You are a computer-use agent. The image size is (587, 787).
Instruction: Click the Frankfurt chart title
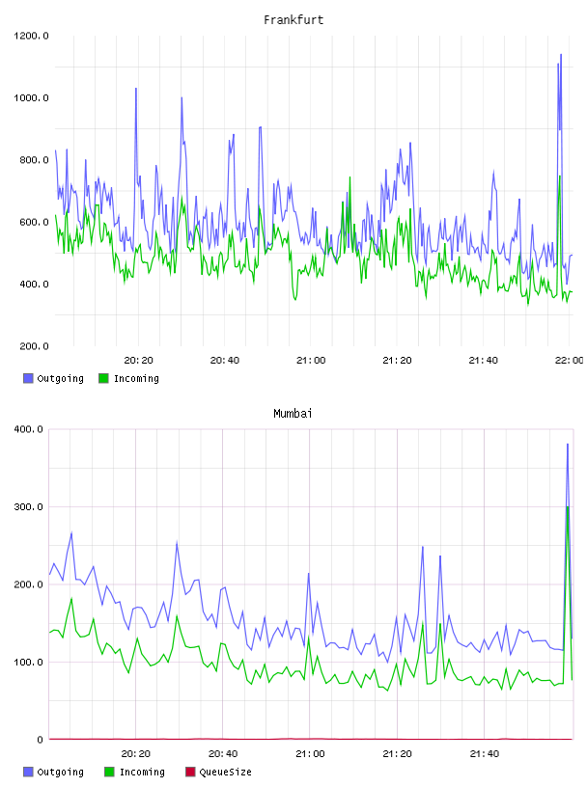point(293,20)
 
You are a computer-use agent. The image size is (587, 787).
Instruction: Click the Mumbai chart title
point(293,414)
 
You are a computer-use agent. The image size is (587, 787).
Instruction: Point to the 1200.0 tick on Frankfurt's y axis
point(31,36)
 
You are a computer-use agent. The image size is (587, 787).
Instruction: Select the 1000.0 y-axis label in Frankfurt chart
point(31,97)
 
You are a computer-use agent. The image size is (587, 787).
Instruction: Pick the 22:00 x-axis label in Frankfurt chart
point(569,361)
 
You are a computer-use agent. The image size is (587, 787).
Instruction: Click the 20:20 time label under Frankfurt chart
point(139,361)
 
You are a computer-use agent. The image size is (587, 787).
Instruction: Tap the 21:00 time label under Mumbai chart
point(310,754)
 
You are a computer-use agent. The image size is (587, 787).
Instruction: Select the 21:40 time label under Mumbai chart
point(485,754)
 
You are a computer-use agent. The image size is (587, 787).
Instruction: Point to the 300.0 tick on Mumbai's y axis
point(29,507)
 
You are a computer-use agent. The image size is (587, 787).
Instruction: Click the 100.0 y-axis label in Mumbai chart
point(29,662)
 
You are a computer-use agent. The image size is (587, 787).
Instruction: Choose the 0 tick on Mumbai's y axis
point(41,740)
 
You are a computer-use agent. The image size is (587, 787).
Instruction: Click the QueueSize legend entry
point(218,772)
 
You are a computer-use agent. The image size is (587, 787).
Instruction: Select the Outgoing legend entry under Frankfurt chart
point(53,378)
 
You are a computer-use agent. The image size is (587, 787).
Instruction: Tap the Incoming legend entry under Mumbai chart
point(135,772)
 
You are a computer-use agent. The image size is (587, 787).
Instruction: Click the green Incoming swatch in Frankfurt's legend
point(103,378)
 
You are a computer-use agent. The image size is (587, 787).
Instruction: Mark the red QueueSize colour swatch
point(190,772)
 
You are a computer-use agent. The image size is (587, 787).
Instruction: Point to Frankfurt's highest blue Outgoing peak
point(561,55)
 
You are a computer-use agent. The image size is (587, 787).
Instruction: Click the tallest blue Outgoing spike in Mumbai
point(568,445)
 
